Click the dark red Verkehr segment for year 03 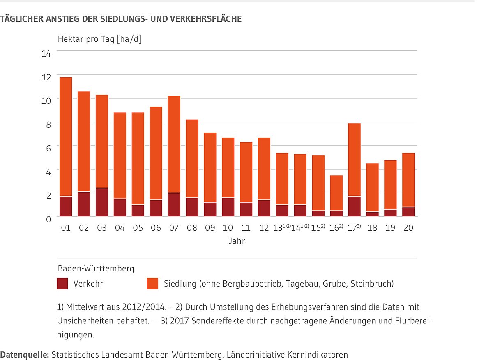click(x=101, y=202)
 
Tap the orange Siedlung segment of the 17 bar click(x=354, y=160)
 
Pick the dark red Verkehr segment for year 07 click(x=174, y=204)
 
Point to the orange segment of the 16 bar click(x=336, y=193)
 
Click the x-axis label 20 click(x=408, y=228)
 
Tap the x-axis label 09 click(x=210, y=228)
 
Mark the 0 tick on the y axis click(x=48, y=219)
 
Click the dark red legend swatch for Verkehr click(x=62, y=284)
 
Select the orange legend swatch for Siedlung click(x=152, y=284)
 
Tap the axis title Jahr click(x=237, y=241)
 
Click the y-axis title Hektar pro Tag click(x=99, y=39)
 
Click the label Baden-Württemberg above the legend click(x=96, y=269)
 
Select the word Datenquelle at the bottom click(x=24, y=355)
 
